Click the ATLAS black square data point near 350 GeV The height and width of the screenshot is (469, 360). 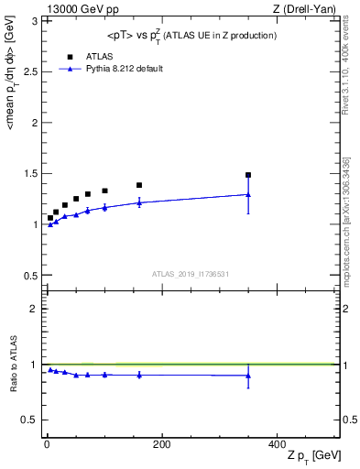click(248, 175)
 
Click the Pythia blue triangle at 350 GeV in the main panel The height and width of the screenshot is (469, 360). click(248, 194)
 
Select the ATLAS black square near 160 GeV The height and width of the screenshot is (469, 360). click(139, 185)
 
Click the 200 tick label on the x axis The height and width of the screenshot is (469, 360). click(161, 444)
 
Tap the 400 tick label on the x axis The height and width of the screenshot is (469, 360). click(277, 444)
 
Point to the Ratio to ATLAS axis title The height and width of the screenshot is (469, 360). click(13, 365)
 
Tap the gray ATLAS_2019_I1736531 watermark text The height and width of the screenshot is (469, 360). click(191, 274)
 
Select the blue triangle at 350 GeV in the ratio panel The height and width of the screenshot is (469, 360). click(248, 376)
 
